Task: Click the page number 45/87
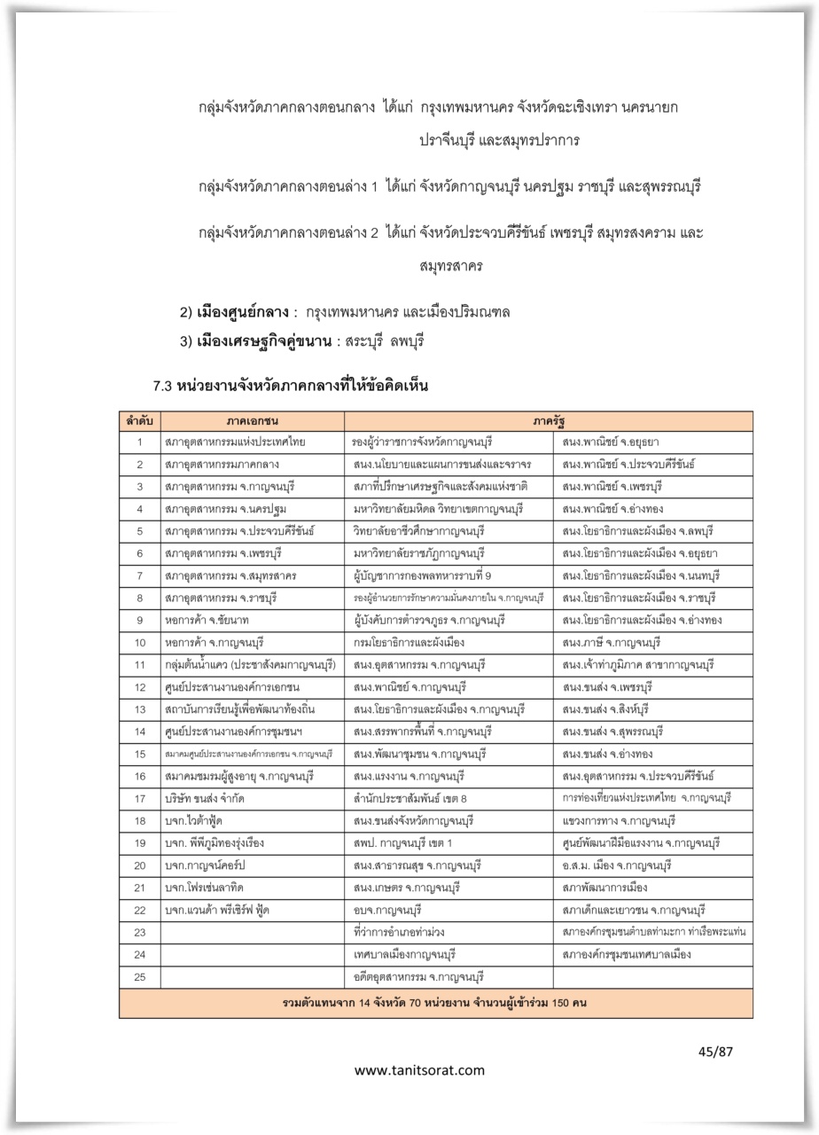click(x=715, y=1053)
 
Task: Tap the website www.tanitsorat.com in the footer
click(x=419, y=1070)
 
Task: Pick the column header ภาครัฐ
click(x=549, y=420)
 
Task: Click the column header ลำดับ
click(x=139, y=420)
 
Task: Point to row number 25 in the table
click(x=139, y=977)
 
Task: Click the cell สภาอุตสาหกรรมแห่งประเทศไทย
click(x=234, y=442)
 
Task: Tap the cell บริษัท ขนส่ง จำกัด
click(x=208, y=798)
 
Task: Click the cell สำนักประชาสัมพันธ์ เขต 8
click(x=409, y=798)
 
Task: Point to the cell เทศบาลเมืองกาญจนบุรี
click(x=403, y=954)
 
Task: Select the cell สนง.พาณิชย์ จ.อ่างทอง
click(x=612, y=509)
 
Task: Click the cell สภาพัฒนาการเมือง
click(x=604, y=888)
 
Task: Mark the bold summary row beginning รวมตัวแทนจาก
click(x=435, y=1003)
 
